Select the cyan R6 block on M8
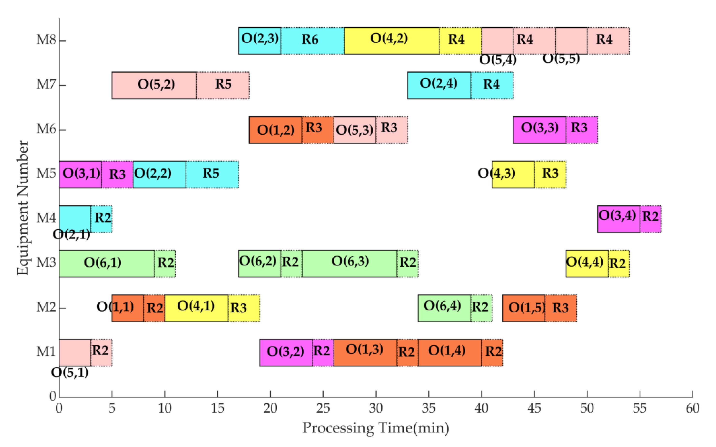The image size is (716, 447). (x=312, y=41)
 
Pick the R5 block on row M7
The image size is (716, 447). (x=223, y=85)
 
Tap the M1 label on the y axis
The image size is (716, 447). (x=46, y=352)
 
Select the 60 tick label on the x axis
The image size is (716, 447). (x=692, y=408)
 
